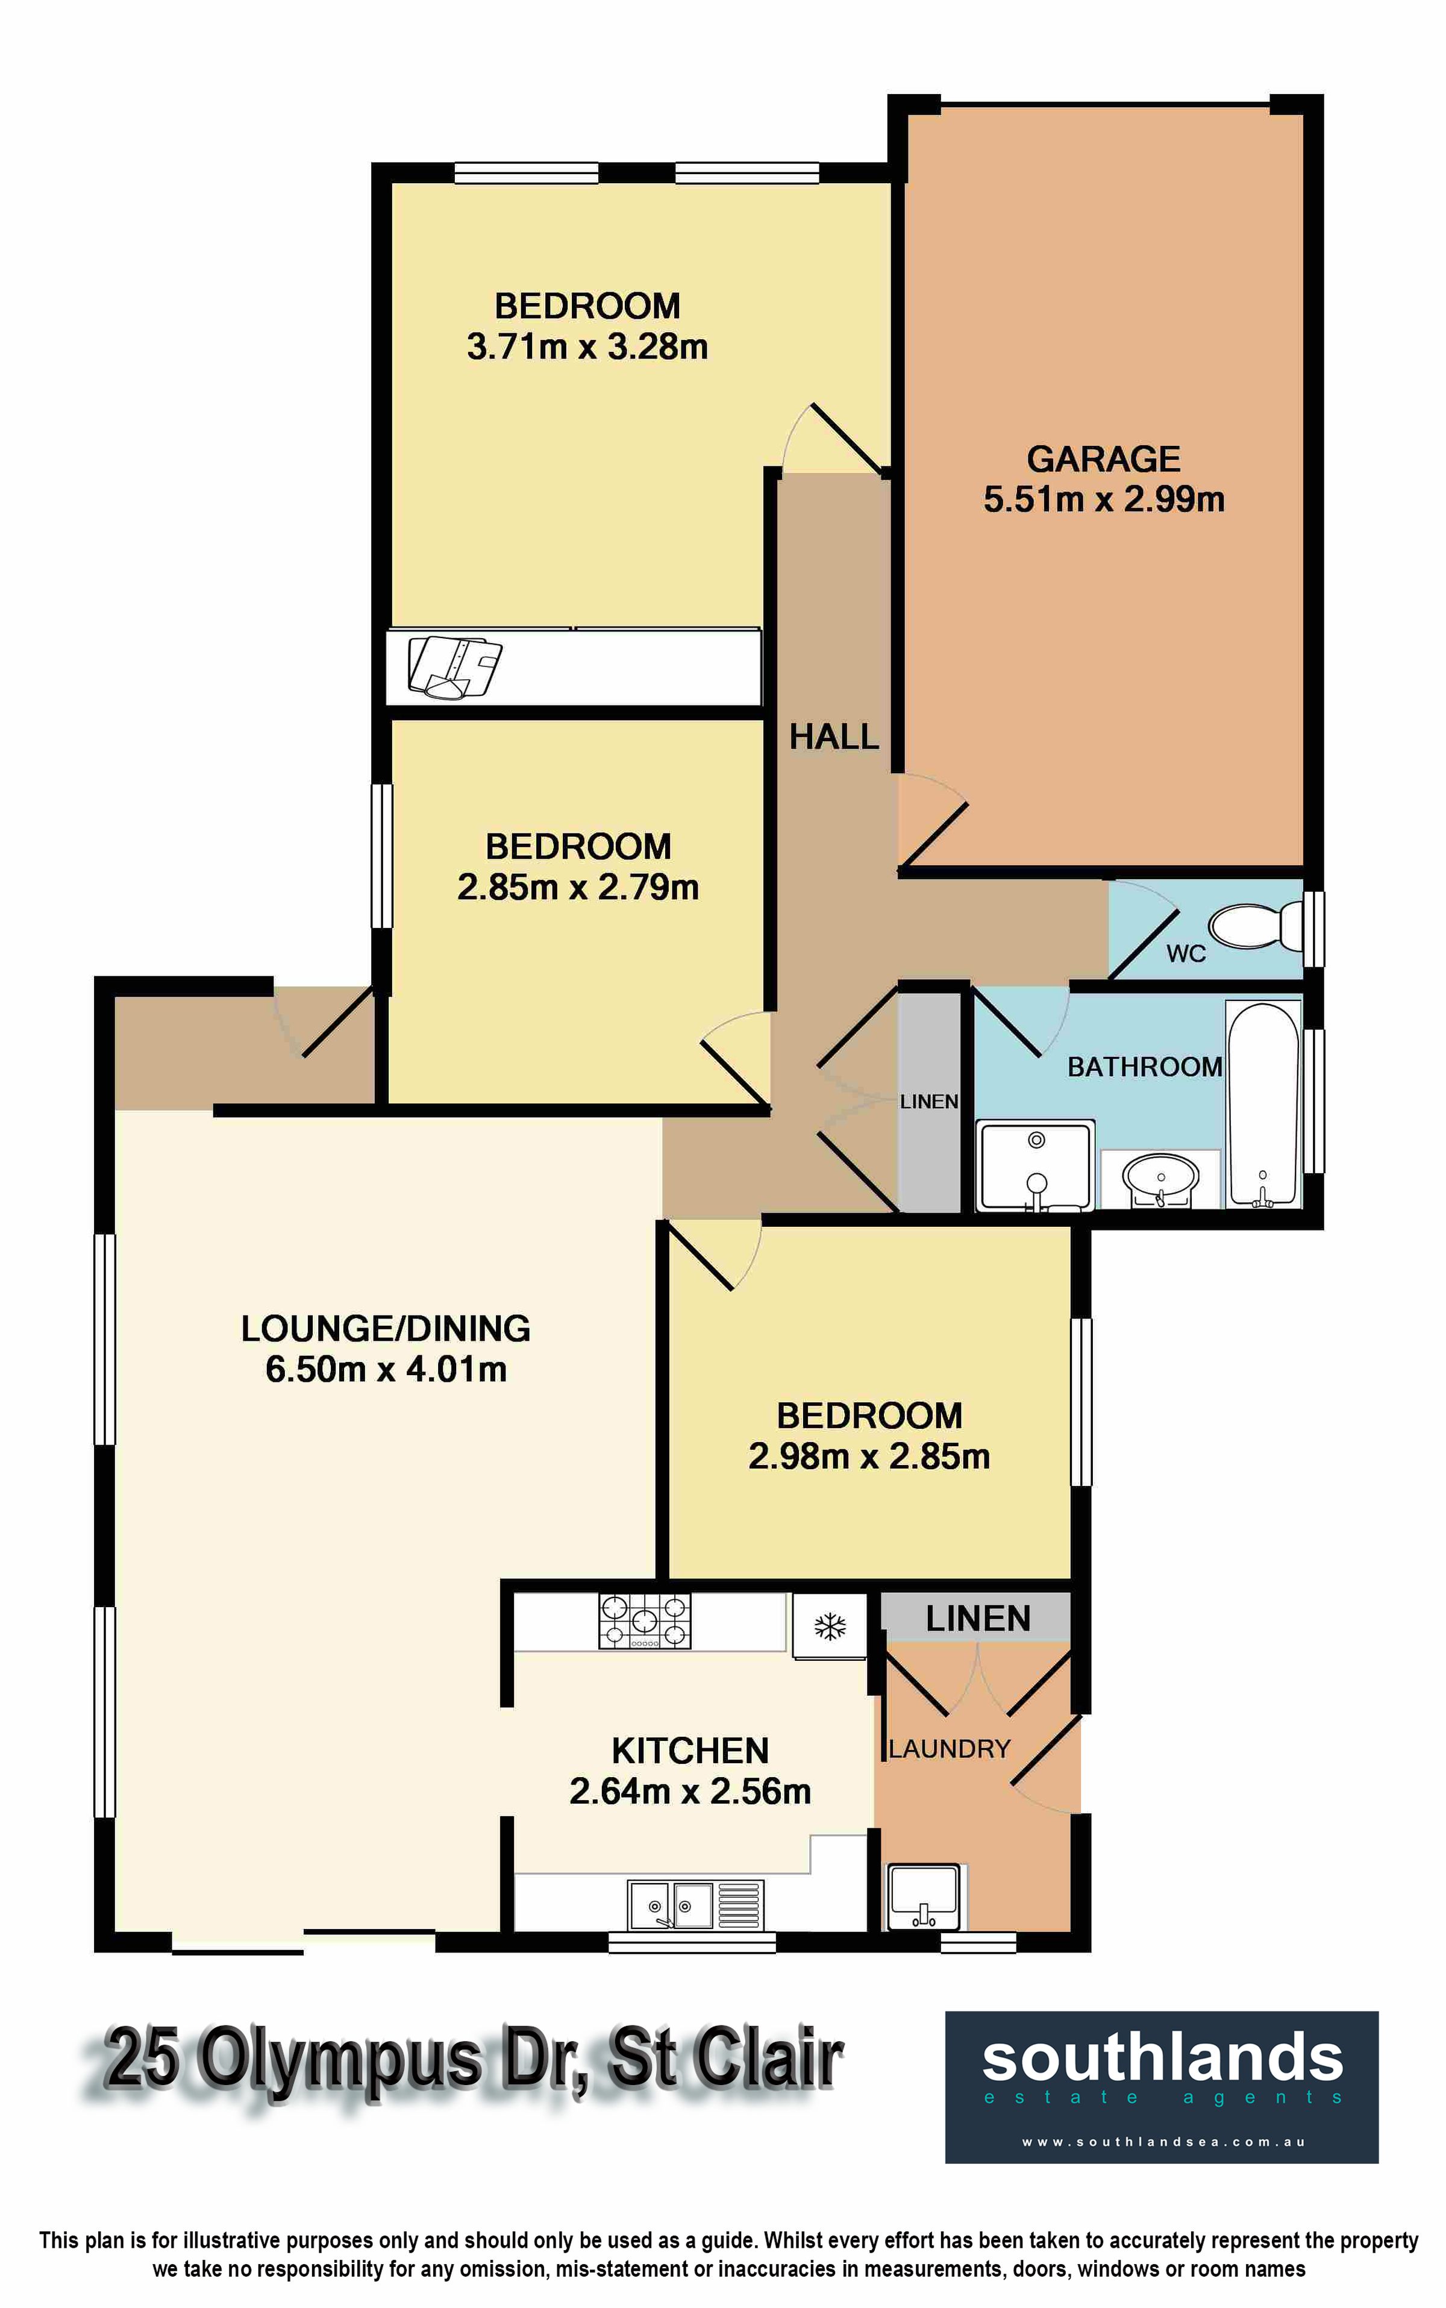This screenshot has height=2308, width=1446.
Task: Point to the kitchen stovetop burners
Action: pos(645,1621)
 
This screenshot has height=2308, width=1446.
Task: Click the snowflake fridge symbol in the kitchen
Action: pos(829,1625)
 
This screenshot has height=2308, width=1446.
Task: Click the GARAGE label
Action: pos(1104,459)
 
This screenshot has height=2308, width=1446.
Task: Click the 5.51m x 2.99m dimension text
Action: pos(1104,500)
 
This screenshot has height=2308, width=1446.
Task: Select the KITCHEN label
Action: pos(690,1751)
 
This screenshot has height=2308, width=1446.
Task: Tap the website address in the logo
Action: pos(1163,2142)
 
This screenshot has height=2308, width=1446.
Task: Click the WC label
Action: pos(1186,953)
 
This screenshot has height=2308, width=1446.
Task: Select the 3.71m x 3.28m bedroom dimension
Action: pos(587,347)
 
